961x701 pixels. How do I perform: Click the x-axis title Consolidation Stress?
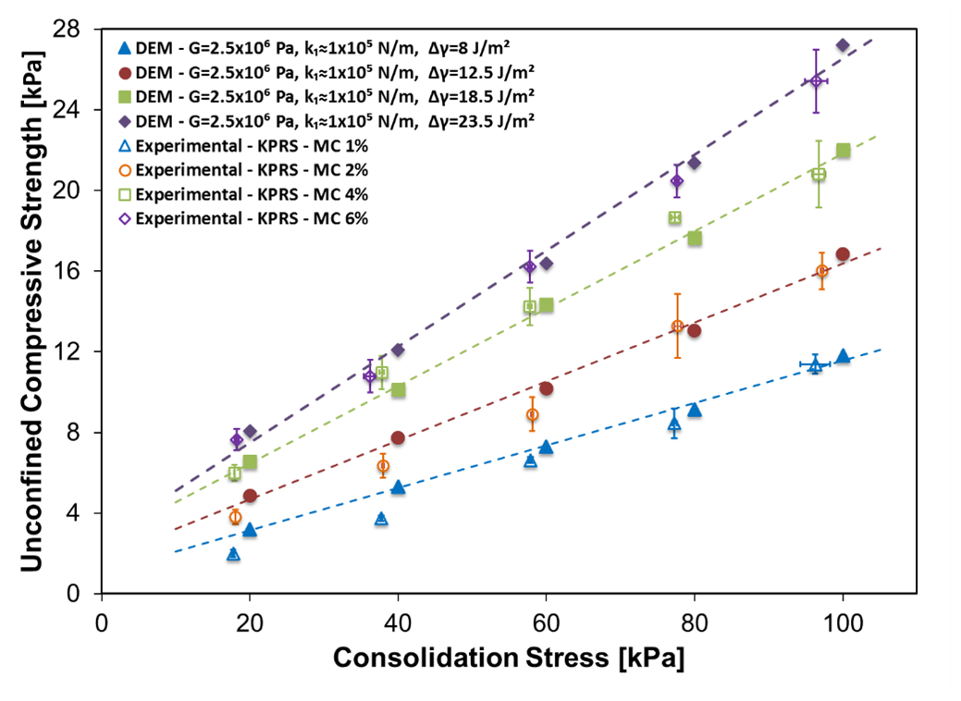[x=510, y=658]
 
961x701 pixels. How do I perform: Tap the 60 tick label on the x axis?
[x=546, y=618]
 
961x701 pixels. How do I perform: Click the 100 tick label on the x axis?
[x=842, y=618]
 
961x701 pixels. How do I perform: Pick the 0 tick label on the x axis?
[x=102, y=618]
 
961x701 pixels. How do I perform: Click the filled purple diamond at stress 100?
[x=843, y=45]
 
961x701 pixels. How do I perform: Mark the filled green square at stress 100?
[x=843, y=150]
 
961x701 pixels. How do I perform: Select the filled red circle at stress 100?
[x=843, y=254]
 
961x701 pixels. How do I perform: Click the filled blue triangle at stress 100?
[x=843, y=356]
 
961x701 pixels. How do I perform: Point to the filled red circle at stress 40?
[x=398, y=437]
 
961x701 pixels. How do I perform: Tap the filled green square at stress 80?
[x=695, y=239]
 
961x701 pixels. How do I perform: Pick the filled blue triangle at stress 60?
[x=546, y=447]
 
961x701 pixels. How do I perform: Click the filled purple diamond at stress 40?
[x=398, y=350]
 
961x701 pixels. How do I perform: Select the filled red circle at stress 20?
[x=250, y=496]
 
